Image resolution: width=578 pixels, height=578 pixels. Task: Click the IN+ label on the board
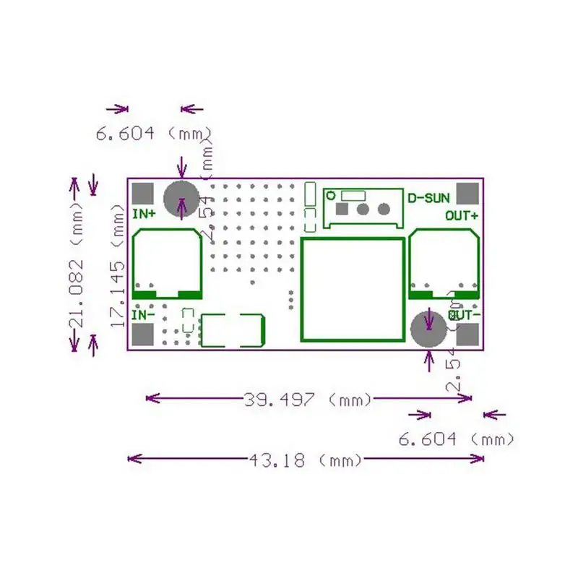coord(144,214)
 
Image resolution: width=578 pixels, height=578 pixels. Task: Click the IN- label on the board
coord(144,315)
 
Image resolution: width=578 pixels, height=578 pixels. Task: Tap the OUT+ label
coord(461,215)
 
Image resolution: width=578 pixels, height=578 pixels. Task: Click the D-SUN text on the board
coord(429,197)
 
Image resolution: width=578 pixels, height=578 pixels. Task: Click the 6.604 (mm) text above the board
coord(153,134)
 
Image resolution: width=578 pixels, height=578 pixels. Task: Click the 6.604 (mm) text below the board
coord(457,439)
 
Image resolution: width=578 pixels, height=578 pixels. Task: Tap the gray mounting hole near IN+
coord(181,199)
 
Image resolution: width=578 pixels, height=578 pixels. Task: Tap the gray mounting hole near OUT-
coord(428,330)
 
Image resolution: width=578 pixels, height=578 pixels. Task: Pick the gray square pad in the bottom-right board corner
coord(469,336)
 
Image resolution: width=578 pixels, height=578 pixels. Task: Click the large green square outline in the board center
coord(352,289)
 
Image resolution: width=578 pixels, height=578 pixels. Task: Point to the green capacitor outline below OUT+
coord(444,264)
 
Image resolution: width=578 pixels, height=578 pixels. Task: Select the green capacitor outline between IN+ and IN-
coord(168,264)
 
